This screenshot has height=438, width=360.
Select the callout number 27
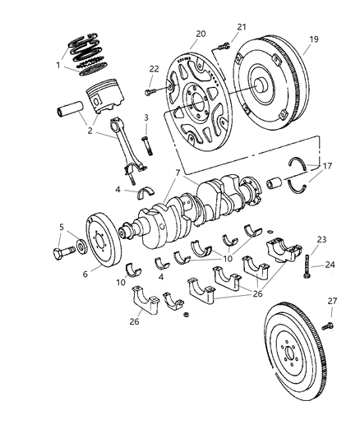(x=332, y=301)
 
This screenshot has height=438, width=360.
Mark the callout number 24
(x=330, y=265)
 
